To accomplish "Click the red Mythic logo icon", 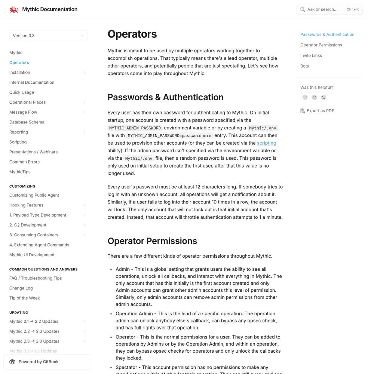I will coord(14,9).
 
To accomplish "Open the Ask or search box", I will coord(329,9).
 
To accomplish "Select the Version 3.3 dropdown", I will coord(48,36).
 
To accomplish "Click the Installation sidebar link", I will coord(20,73).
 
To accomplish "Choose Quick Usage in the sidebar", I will coord(22,92).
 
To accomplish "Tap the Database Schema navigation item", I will coord(27,122).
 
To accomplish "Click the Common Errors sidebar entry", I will coord(24,162).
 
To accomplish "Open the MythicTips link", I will coord(20,172).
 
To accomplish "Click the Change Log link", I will coord(21,288).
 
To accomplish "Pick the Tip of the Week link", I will coord(25,298).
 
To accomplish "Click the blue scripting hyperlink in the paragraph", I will coord(266,143).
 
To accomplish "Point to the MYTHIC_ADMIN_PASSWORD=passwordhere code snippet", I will coord(169,136).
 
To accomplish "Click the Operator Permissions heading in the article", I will coord(152,241).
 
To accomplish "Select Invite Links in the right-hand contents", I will coord(311,56).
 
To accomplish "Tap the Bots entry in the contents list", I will coord(305,66).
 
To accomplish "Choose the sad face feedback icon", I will coord(305,97).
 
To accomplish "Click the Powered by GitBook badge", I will coord(47,362).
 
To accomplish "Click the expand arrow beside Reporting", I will coord(84,132).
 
